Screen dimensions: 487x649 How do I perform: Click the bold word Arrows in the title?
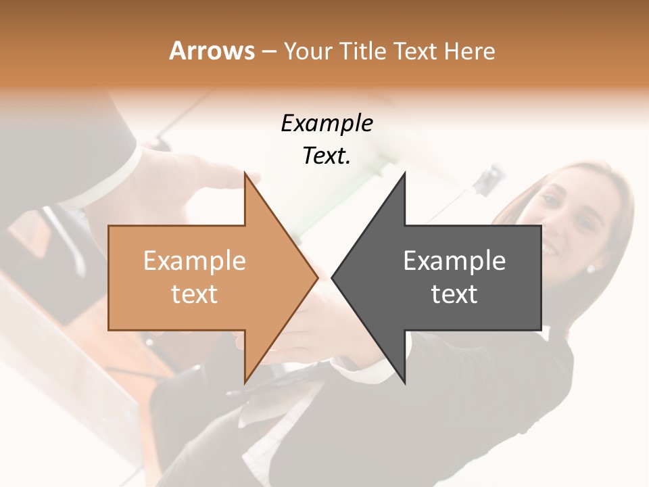pos(212,51)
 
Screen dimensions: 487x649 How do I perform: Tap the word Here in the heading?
pos(469,51)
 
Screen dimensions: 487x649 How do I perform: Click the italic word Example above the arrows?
pos(327,123)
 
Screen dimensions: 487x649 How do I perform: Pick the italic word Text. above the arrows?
pos(327,156)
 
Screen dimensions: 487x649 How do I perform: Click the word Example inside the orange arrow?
pos(194,260)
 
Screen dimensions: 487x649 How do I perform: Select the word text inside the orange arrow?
pos(194,294)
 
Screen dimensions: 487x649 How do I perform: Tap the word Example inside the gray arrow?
pos(454,260)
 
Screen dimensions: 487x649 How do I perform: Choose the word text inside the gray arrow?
pos(454,294)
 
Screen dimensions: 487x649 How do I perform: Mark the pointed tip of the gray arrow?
pos(333,277)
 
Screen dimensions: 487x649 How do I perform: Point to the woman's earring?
pos(590,269)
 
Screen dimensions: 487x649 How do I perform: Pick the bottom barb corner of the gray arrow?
pos(404,383)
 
